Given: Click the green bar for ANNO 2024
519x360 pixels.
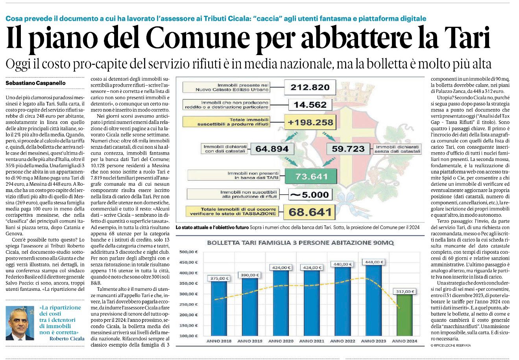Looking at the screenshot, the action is coord(404,315).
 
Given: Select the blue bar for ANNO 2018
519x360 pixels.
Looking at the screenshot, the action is coord(219,308).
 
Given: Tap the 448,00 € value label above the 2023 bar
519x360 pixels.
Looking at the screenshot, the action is coord(374,262).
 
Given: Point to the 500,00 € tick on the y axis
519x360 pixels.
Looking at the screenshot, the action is coord(188,252).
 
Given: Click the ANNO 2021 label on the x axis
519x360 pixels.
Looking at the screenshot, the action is coord(312,341).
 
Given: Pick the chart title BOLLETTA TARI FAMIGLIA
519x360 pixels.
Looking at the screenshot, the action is coord(300,243).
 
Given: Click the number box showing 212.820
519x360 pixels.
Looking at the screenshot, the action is coord(310,87).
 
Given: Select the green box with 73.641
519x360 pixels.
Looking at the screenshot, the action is coord(311,177).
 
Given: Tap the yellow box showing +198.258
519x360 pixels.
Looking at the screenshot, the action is coord(310,122).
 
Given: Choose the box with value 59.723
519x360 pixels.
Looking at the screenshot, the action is coord(348,149).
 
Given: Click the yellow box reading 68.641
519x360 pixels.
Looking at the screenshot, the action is coord(310,212).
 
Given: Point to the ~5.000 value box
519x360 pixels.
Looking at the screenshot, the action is coord(310,195).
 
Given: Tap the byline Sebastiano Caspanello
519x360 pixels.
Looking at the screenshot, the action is coord(35,83).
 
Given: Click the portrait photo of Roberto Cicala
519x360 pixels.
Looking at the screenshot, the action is coord(20,323).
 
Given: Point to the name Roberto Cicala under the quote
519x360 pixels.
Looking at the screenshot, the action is coord(67,338).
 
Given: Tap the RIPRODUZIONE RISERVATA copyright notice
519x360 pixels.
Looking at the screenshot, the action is coord(451,345).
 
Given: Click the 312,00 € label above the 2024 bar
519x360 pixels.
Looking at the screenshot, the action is coord(405,292).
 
